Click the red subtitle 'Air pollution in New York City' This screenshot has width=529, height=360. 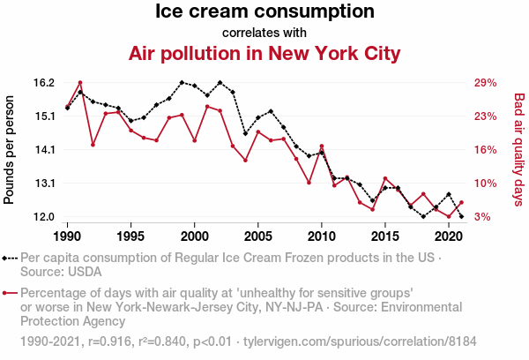pos(264,54)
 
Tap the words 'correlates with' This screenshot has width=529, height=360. pos(264,33)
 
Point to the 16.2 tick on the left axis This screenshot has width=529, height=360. pos(44,83)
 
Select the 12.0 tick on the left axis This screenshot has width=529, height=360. pos(44,217)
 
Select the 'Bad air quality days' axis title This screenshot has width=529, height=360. pos(519,150)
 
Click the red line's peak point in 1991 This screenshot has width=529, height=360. pos(80,83)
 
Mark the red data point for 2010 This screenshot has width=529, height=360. pos(322,146)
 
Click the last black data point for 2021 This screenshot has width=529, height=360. pos(461,216)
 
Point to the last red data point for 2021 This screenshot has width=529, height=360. pos(461,203)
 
